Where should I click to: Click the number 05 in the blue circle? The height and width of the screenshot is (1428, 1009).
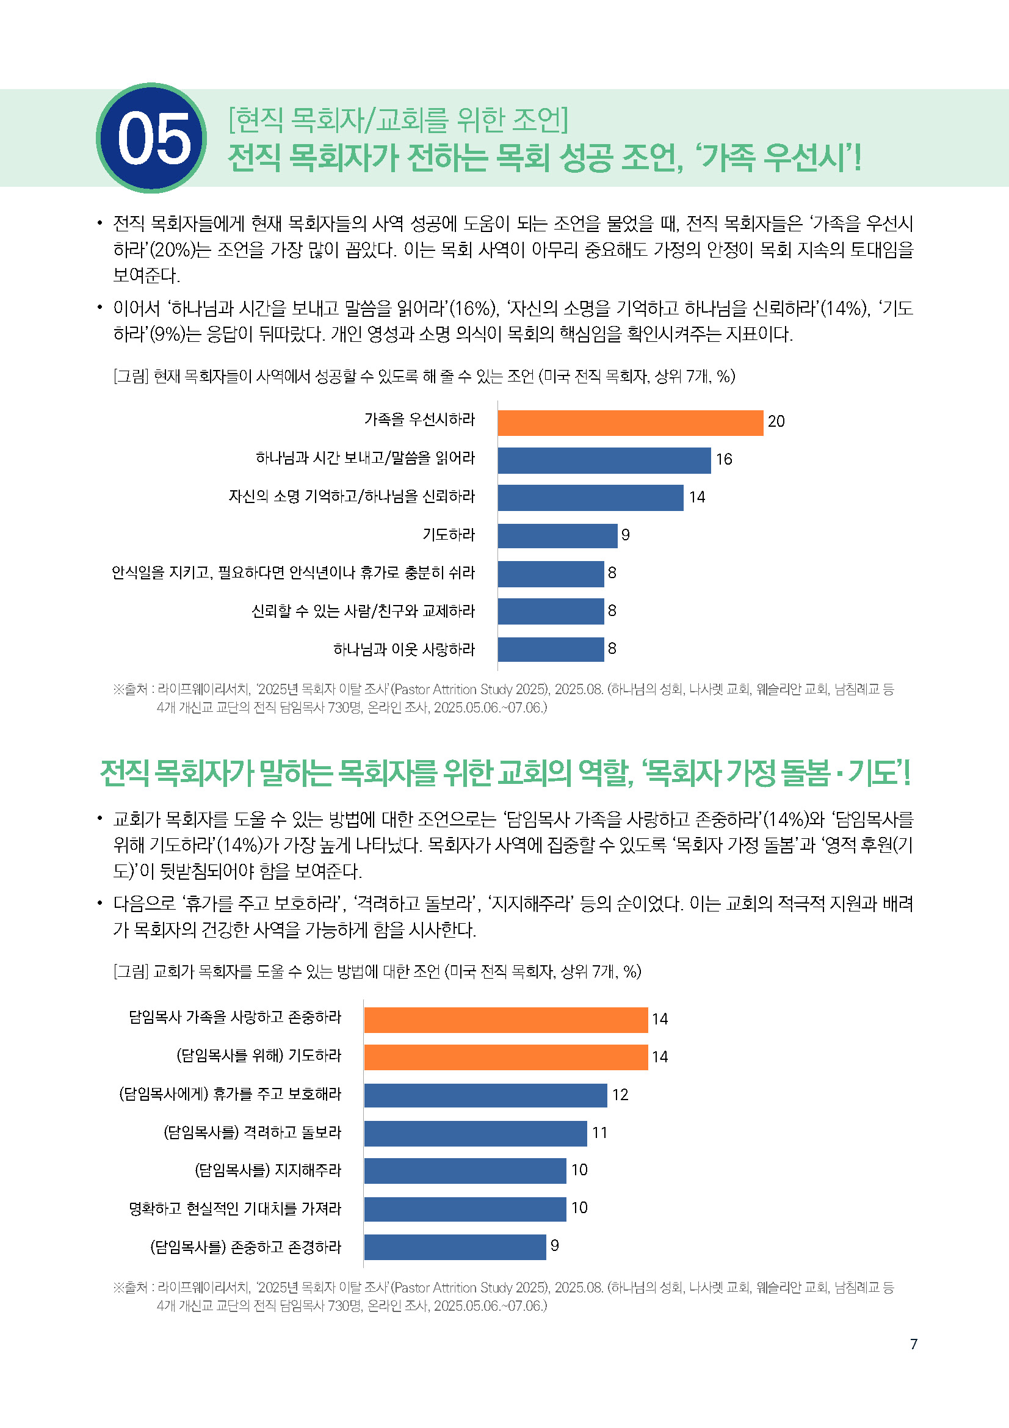coord(153,139)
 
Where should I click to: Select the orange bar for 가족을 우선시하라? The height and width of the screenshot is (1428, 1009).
coord(630,423)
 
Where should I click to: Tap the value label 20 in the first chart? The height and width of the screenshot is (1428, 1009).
coord(776,422)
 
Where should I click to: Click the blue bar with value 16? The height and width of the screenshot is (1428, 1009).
coord(604,460)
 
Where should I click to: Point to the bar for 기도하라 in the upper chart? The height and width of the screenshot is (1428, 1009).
coord(557,535)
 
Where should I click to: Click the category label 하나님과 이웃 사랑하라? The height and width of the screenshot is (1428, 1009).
coord(404,650)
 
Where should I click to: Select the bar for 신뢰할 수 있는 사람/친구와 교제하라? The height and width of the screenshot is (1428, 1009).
coord(550,611)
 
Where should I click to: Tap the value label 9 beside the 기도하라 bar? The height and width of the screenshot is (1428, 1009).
coord(626,535)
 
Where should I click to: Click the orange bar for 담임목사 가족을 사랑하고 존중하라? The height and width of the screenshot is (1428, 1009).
coord(505,1020)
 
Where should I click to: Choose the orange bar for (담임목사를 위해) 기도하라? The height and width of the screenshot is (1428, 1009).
coord(505,1057)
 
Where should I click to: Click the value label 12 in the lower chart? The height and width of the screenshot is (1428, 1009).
coord(620,1095)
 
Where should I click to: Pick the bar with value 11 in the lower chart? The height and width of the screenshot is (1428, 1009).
coord(475,1133)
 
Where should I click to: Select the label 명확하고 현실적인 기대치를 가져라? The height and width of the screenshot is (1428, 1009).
coord(235,1208)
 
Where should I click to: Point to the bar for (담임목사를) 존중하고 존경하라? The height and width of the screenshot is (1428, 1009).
coord(455,1247)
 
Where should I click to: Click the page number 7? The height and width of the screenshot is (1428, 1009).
coord(913,1344)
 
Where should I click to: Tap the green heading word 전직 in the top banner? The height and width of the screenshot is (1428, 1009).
coord(255,158)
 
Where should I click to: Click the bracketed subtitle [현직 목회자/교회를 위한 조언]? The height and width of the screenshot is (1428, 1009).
coord(398,120)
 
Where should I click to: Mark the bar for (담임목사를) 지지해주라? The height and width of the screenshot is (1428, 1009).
coord(465,1170)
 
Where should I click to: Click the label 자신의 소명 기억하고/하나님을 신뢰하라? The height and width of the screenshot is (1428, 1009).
coord(351,496)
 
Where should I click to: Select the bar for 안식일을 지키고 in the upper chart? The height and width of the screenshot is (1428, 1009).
coord(550,573)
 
